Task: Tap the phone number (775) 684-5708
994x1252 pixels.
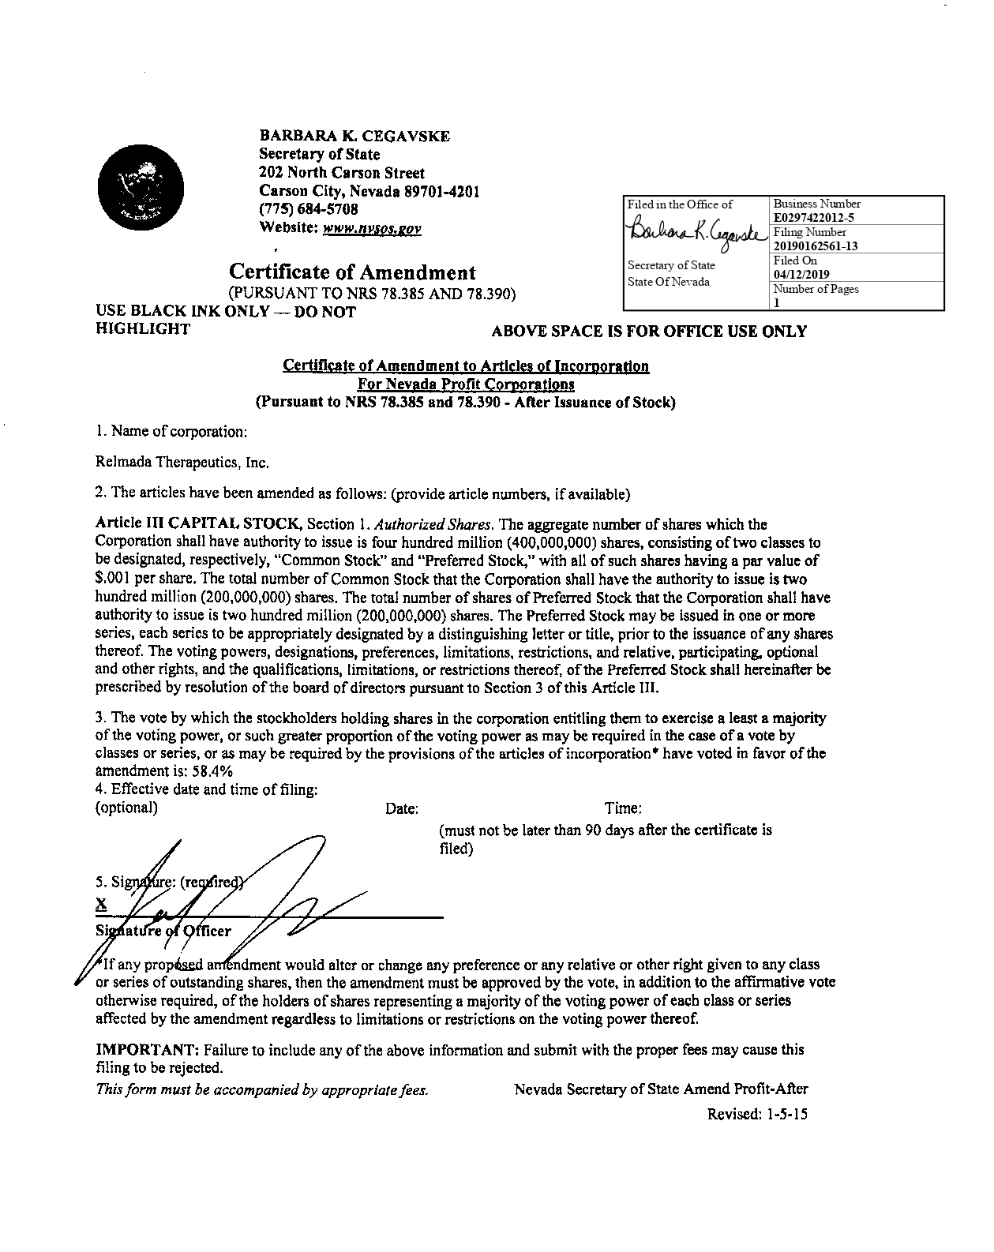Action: [x=309, y=209]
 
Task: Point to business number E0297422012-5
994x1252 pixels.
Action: [x=814, y=217]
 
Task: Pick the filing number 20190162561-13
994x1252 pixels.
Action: [x=816, y=246]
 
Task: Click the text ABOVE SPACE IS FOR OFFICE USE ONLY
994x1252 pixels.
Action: [x=649, y=332]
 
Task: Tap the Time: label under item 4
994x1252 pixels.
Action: [x=623, y=808]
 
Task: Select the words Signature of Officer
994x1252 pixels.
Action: [x=163, y=930]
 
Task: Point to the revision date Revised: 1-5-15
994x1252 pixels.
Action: [x=757, y=1114]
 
